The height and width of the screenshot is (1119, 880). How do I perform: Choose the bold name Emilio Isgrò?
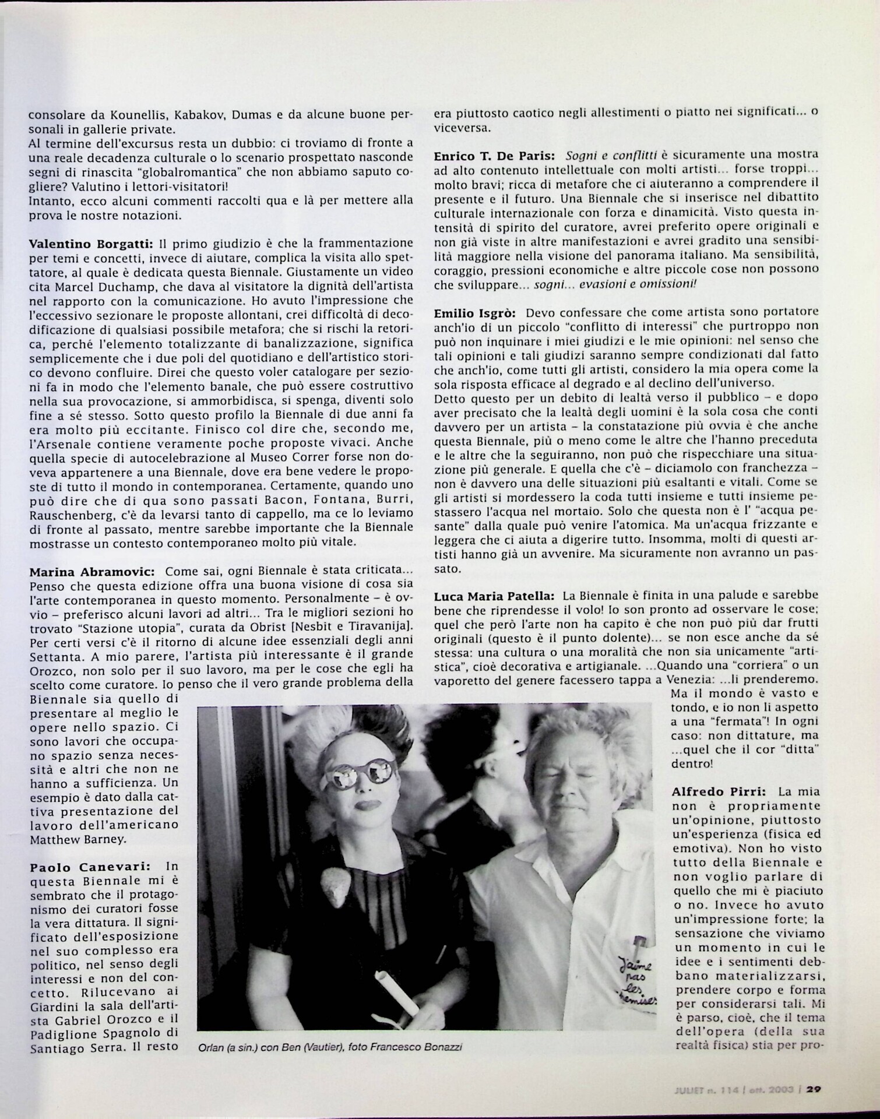473,313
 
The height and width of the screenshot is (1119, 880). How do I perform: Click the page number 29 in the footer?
814,1088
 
